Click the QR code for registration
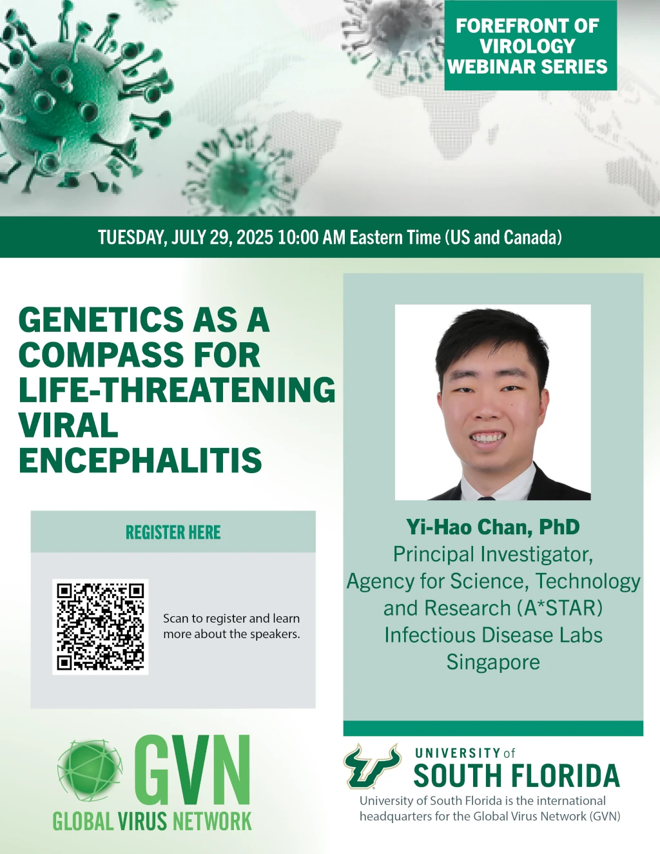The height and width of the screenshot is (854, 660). tap(100, 626)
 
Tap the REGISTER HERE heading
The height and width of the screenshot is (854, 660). tap(173, 532)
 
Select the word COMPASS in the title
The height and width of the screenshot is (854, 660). tap(101, 354)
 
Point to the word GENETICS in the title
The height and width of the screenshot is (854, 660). tap(101, 320)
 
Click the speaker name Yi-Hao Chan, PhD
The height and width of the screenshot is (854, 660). tap(493, 527)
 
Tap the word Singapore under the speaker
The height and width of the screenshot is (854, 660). tap(493, 662)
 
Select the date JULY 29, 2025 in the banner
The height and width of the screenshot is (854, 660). tap(222, 237)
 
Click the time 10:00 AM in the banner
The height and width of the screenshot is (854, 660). tap(311, 237)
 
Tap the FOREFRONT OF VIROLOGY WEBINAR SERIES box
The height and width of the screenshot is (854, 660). tap(530, 46)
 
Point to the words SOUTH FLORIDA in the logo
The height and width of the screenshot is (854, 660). tap(517, 775)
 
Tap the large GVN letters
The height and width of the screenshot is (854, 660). tap(192, 771)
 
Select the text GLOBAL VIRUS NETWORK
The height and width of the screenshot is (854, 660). tap(152, 821)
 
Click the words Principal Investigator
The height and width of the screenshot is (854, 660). tap(493, 554)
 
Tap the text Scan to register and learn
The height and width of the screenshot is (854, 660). tap(231, 619)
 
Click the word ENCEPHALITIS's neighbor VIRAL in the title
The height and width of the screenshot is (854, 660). tap(68, 425)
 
